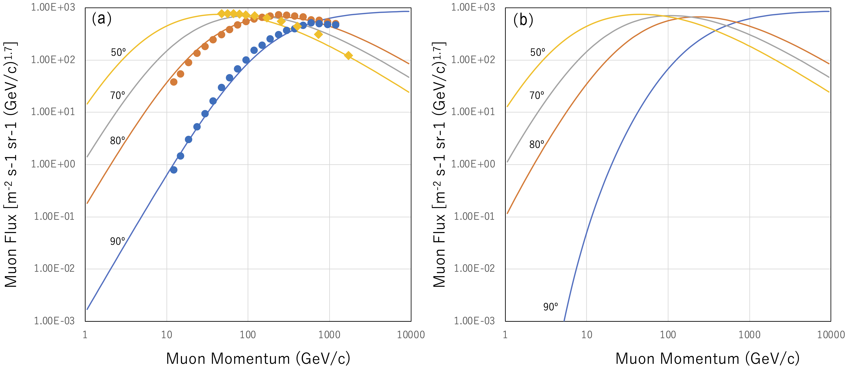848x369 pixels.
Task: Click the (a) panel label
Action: pos(102,19)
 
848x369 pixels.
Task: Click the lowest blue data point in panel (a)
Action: pos(174,170)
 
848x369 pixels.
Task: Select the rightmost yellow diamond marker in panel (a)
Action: pos(348,56)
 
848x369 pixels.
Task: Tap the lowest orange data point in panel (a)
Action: pos(174,82)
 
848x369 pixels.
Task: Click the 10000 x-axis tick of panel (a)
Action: pos(410,335)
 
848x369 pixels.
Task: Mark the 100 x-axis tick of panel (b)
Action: pos(668,335)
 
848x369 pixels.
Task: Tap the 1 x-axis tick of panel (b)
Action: pos(505,335)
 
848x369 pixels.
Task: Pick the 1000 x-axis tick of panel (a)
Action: pos(329,335)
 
